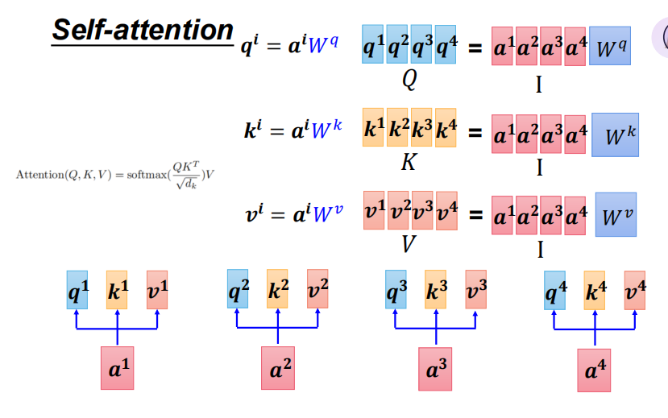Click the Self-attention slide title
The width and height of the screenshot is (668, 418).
tap(143, 30)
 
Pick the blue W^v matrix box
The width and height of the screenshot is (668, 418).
tap(616, 215)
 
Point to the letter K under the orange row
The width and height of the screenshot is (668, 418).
tap(409, 163)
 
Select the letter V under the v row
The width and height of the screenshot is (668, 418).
tap(409, 244)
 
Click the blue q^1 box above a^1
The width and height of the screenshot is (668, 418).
tap(77, 289)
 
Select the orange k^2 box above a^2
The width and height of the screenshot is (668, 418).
tap(277, 289)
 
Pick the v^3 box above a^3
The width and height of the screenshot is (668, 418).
tap(476, 291)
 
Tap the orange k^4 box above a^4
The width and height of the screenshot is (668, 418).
tap(595, 291)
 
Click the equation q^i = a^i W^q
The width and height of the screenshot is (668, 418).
tap(293, 49)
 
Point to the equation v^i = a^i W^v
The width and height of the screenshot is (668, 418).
tap(293, 213)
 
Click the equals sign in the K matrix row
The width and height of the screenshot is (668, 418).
tap(475, 133)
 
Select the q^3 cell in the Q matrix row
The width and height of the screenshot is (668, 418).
tap(422, 48)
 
